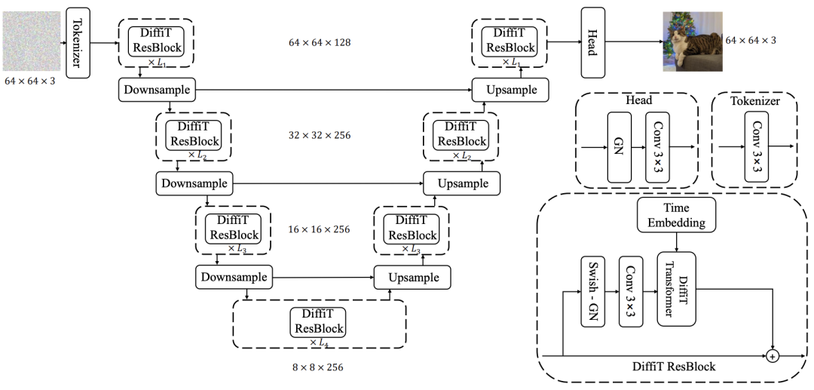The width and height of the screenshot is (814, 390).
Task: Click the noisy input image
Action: click(x=31, y=41)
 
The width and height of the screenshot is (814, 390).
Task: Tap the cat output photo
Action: click(x=692, y=41)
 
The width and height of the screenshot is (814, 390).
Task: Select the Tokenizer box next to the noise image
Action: click(x=78, y=42)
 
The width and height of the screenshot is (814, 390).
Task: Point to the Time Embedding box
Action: click(x=676, y=216)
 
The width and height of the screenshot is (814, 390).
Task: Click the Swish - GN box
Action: click(x=593, y=291)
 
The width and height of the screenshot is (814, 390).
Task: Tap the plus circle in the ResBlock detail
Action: click(x=772, y=355)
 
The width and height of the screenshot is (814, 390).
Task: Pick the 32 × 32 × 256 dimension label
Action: click(x=319, y=136)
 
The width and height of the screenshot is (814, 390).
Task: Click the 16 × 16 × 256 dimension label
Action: click(x=319, y=229)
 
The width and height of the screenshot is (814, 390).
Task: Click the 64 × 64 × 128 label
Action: click(x=319, y=42)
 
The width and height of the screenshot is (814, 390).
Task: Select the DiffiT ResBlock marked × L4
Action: click(x=319, y=322)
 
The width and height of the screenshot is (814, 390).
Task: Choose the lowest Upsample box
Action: click(x=413, y=278)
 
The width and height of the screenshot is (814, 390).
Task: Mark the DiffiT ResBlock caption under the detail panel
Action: click(x=673, y=367)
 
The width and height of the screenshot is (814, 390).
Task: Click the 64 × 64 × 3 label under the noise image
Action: click(x=31, y=79)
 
